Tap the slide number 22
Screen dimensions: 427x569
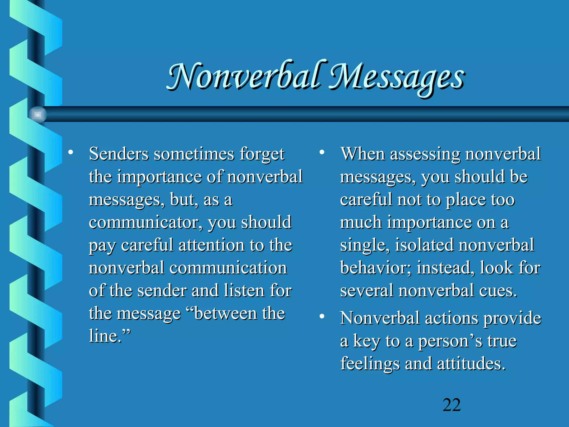pos(452,405)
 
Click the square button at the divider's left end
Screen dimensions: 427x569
pos(38,115)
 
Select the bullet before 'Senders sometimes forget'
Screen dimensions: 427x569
pos(71,152)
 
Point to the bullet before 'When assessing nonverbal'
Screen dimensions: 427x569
pos(322,152)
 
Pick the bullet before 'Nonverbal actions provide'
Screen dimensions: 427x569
pos(322,316)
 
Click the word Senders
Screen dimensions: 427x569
pos(119,154)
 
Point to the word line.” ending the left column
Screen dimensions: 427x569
pos(109,336)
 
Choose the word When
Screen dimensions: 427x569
pos(363,154)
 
